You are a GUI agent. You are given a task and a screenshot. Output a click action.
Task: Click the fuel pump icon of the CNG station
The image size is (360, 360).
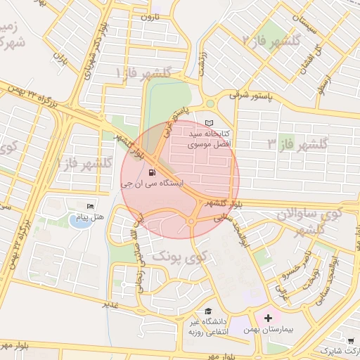point(153,172)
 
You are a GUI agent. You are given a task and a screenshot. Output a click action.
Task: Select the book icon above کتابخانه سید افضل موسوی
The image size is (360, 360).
point(209,122)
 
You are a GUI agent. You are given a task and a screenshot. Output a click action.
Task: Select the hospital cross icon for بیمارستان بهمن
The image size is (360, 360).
point(268,318)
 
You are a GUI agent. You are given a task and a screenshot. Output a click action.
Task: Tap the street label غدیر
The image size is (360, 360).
point(110,304)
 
